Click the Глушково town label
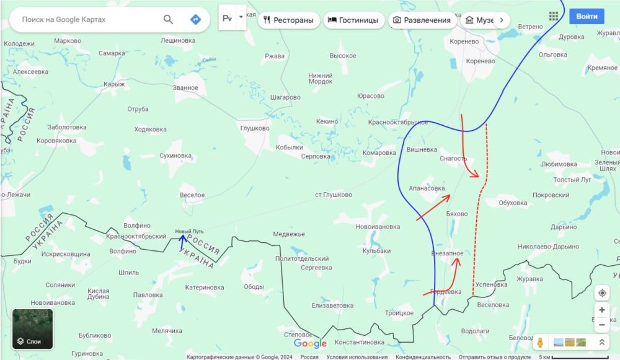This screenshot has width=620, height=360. (254, 128)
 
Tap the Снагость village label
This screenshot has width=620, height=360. (453, 159)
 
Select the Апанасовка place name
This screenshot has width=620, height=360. (427, 188)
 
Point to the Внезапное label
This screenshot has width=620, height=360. (447, 253)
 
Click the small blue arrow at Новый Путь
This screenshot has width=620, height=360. (182, 242)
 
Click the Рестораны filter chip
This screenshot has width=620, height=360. (289, 20)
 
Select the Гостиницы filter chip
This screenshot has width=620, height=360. (353, 20)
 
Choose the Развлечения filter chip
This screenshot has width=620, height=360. (422, 20)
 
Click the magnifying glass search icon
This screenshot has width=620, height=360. (168, 20)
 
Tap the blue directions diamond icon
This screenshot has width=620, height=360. (195, 20)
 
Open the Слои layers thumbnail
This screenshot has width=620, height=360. (33, 329)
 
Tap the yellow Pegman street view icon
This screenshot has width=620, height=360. (540, 342)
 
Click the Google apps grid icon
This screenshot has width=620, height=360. (554, 16)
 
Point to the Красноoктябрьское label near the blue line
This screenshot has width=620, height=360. (398, 122)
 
